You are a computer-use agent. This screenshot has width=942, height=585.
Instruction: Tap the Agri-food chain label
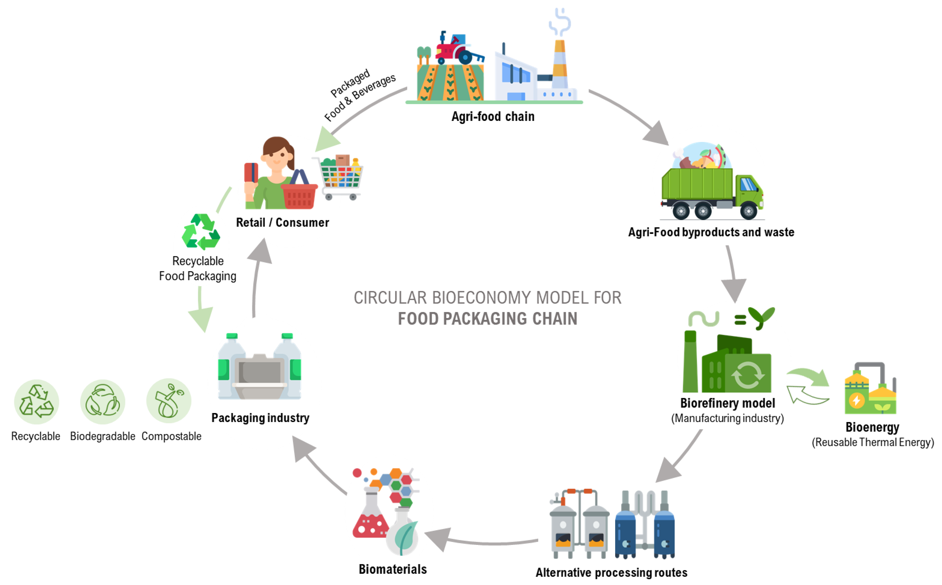pos(493,116)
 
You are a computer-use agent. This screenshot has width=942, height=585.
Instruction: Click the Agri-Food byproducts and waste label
pos(711,232)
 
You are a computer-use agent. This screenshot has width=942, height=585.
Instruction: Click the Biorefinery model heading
pos(727,403)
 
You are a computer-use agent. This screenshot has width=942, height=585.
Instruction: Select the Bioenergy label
pos(872,427)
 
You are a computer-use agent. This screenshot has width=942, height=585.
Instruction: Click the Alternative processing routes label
pos(611,573)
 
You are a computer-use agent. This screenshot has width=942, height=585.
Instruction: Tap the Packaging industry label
pos(260,418)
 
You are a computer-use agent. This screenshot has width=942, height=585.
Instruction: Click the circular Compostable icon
pos(169,401)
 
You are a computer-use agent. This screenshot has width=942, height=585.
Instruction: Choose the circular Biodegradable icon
pos(103,402)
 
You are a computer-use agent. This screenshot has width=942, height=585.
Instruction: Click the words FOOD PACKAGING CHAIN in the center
pos(487,319)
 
